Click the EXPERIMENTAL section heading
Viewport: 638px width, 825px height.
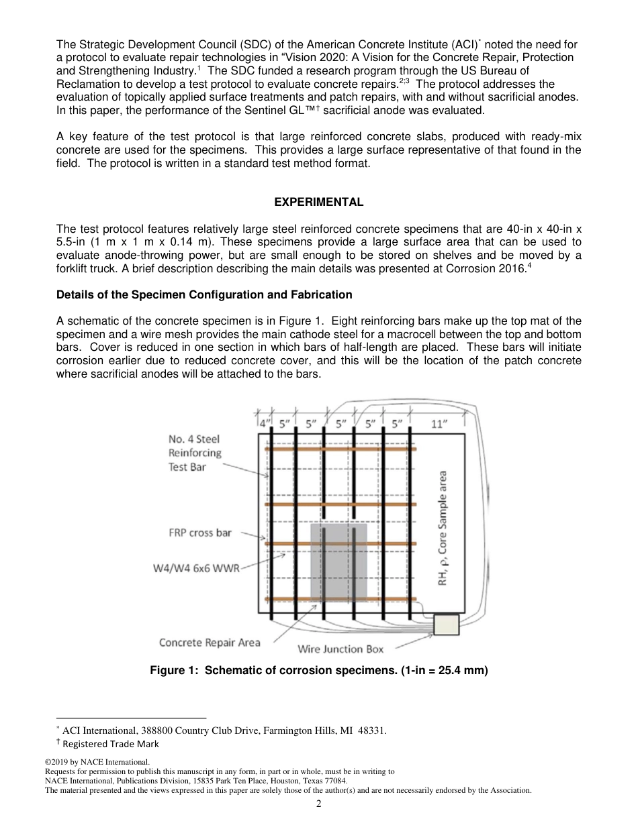(318, 202)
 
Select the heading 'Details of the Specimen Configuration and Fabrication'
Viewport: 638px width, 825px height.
(204, 294)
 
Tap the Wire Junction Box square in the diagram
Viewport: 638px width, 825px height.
(446, 624)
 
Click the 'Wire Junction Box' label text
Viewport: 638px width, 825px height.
(340, 649)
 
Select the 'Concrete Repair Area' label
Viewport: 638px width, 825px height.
(209, 643)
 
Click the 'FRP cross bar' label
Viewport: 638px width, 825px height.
(200, 533)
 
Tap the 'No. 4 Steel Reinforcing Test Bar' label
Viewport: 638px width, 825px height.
(195, 453)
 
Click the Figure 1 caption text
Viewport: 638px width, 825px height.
(318, 670)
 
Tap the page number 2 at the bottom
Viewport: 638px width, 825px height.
(318, 804)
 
